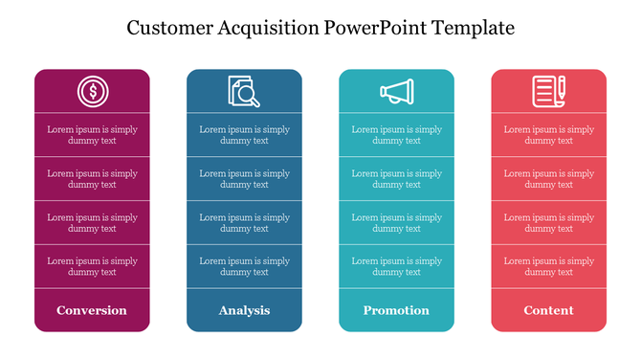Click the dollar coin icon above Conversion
[x=92, y=92]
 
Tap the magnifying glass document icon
[x=244, y=92]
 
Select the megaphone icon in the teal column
[x=396, y=92]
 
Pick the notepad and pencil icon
[x=548, y=92]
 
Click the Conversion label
[x=92, y=310]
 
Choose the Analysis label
[x=244, y=310]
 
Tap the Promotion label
[x=396, y=310]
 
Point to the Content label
[x=548, y=310]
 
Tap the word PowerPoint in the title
[x=375, y=28]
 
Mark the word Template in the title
[x=473, y=28]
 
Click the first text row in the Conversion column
[x=92, y=135]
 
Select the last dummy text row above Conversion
[x=92, y=266]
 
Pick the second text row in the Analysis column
[x=244, y=179]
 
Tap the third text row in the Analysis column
[x=244, y=223]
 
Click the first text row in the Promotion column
[x=396, y=135]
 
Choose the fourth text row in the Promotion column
[x=396, y=266]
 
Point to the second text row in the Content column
[x=548, y=179]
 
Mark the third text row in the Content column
[x=548, y=223]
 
